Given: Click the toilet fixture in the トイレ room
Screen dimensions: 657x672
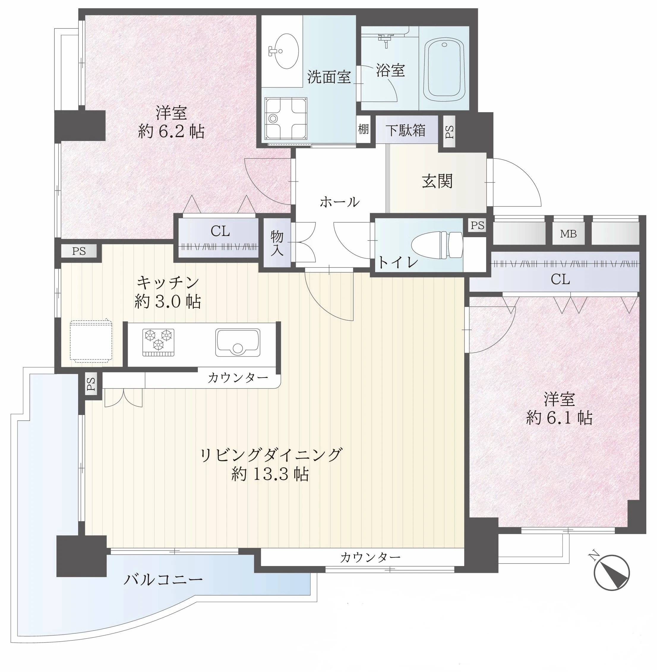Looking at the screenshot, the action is [x=437, y=245].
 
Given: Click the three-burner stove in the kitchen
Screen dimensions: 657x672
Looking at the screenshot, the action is [x=158, y=342].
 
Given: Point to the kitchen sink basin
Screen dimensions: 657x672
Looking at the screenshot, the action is [x=238, y=342].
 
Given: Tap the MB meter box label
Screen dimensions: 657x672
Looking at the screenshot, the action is [x=568, y=234].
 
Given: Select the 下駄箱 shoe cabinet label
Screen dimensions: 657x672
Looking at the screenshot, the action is [x=405, y=130].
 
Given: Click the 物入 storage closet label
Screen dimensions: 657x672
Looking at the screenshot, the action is [x=277, y=243].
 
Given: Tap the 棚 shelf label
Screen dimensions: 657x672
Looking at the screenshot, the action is [x=363, y=129].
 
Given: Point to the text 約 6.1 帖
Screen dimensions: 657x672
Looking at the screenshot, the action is [x=559, y=418].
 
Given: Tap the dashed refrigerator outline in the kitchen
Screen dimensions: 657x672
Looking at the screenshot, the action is [x=91, y=341].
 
